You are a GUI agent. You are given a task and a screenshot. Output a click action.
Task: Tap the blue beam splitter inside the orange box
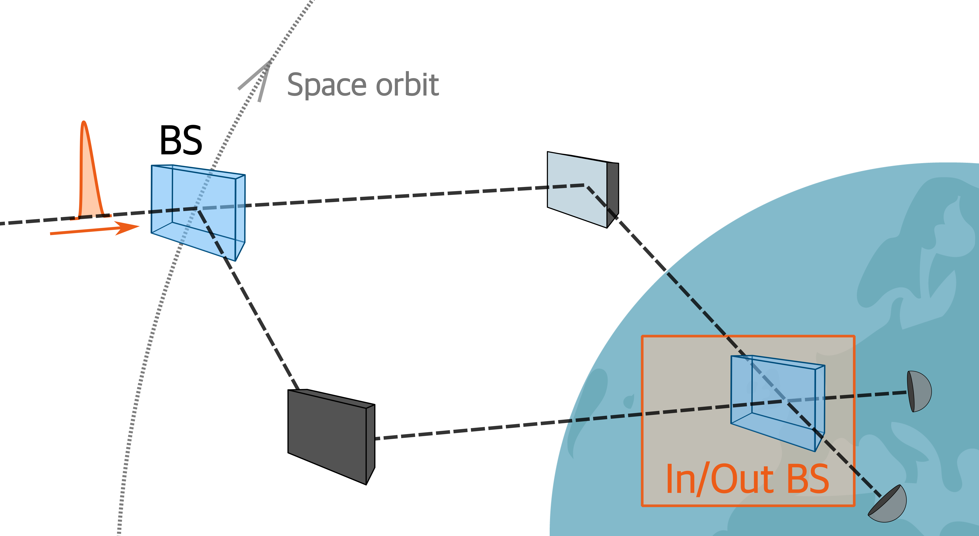click(x=775, y=403)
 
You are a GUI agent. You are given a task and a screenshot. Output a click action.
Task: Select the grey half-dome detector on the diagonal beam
click(x=889, y=505)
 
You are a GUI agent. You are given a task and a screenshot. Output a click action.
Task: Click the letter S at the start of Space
click(x=296, y=85)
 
